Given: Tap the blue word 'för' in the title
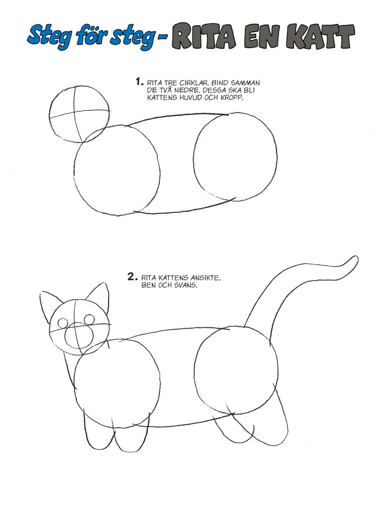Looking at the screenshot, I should click(x=98, y=36).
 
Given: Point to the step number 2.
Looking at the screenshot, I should click(x=132, y=276).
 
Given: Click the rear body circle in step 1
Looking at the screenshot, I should click(x=235, y=157).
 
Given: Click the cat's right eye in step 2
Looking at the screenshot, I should click(x=89, y=319).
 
